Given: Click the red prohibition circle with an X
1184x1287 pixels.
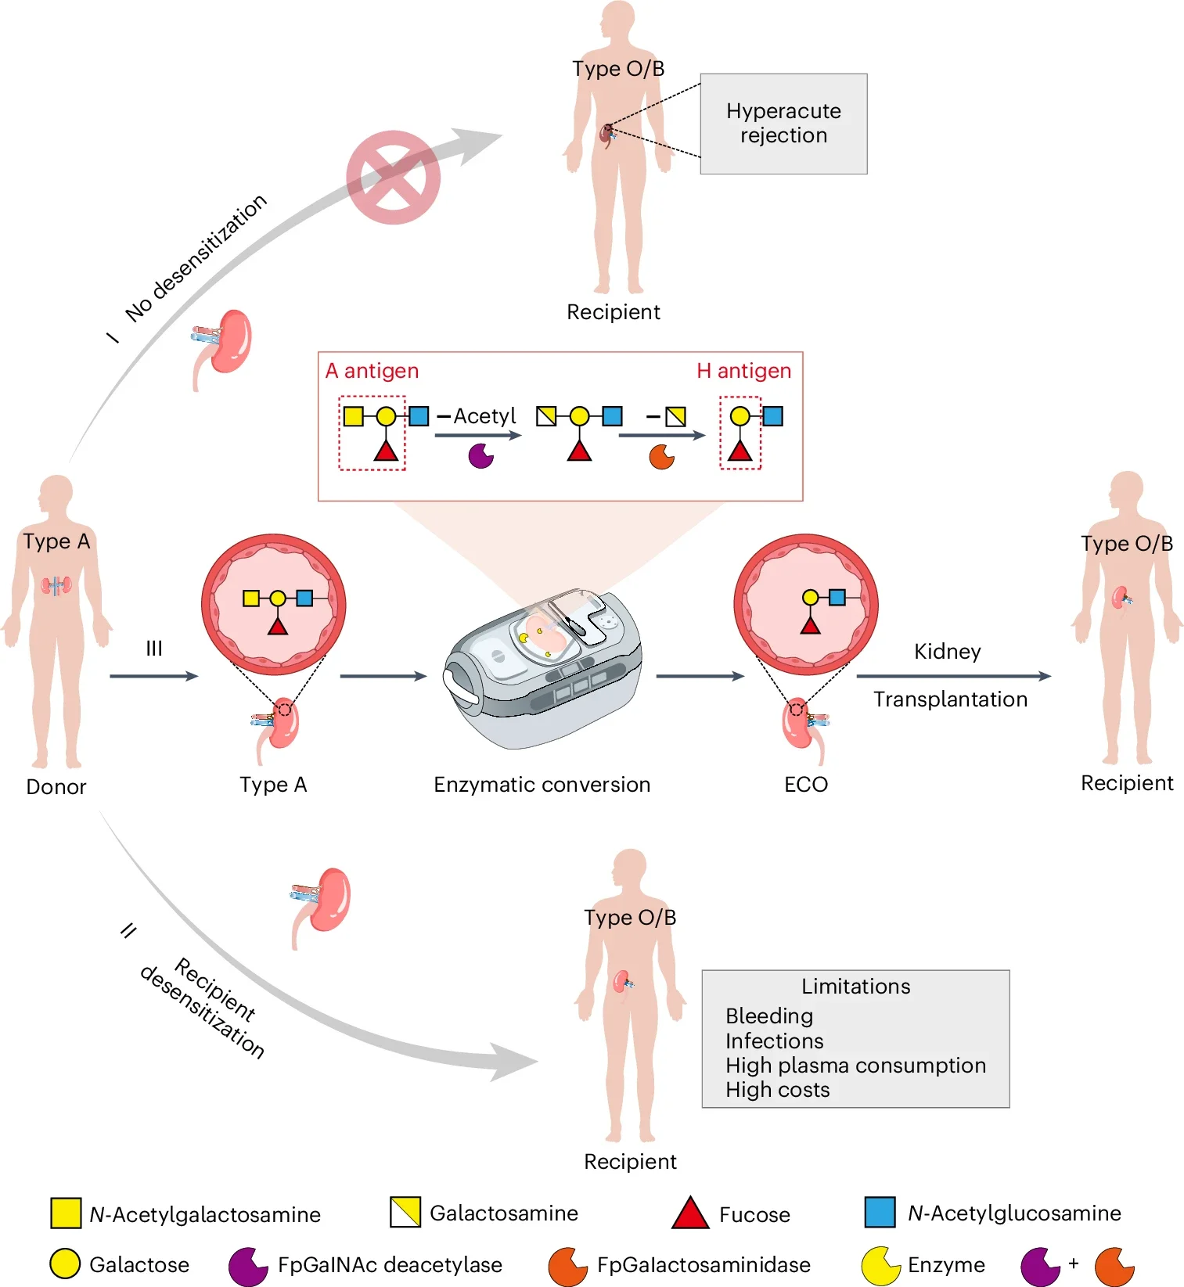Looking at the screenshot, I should [393, 178].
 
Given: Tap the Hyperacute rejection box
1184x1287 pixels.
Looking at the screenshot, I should [783, 124].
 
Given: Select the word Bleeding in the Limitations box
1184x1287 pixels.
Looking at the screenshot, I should [769, 1016].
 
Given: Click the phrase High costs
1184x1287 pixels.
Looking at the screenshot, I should [777, 1090].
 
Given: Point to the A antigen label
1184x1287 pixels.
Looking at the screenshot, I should [372, 371].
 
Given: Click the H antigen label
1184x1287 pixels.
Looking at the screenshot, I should [743, 371].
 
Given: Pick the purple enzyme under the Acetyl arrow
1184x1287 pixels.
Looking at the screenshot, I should [480, 455].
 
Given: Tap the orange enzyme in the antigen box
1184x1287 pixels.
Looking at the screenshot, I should [661, 456].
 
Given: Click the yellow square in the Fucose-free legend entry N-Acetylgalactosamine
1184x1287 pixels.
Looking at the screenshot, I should [66, 1213].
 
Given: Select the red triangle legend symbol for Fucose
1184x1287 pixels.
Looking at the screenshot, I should [690, 1213].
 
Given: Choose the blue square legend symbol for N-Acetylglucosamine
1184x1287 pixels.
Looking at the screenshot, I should [880, 1212].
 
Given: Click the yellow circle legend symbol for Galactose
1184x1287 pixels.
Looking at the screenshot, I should [65, 1264].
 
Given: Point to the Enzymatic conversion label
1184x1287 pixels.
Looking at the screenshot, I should [542, 785].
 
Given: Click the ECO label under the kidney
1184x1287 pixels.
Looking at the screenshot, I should [806, 785].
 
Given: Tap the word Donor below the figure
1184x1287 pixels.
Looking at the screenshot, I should [56, 787].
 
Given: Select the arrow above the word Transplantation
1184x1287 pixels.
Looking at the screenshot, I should [953, 676].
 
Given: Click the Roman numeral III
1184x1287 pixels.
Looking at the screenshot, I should [154, 648].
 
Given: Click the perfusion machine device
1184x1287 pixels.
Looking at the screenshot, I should [544, 665].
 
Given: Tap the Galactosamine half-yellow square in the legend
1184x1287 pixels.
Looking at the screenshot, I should [405, 1212].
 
